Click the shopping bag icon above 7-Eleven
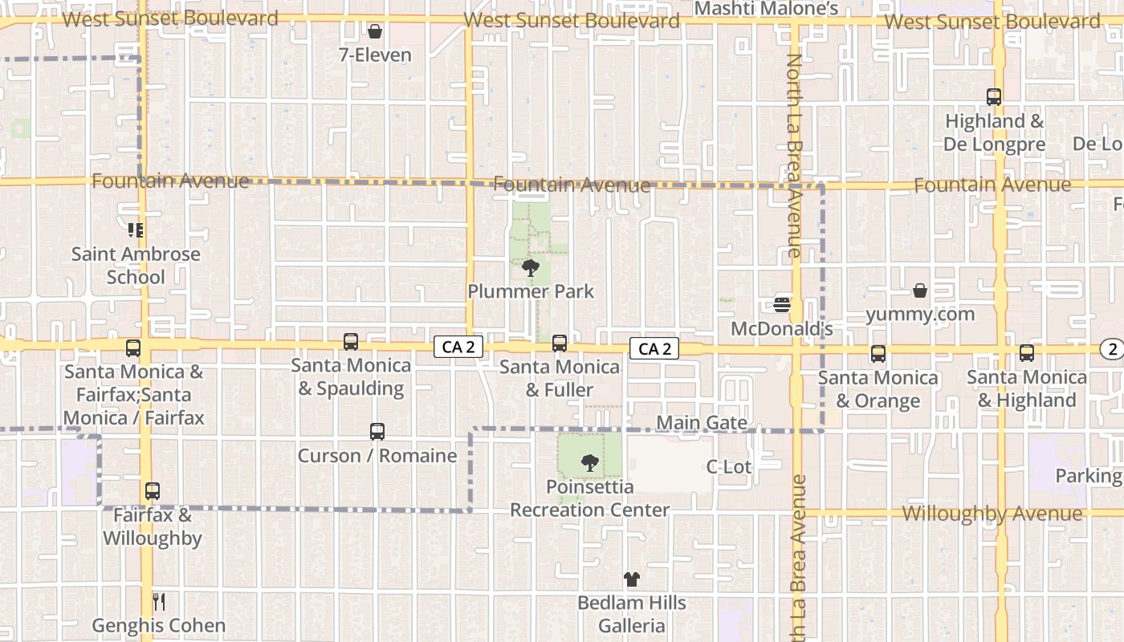[374, 32]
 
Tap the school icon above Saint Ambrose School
[136, 230]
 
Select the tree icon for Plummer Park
[530, 267]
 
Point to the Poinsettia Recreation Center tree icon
[590, 463]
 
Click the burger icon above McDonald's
[782, 305]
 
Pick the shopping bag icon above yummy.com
[920, 291]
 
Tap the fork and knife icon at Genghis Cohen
[159, 601]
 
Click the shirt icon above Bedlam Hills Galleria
[632, 579]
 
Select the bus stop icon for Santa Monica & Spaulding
[351, 342]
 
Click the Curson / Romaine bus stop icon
[377, 432]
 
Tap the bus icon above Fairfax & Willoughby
[153, 491]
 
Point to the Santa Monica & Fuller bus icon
[560, 343]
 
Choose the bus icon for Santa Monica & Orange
[878, 354]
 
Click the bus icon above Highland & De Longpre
[994, 97]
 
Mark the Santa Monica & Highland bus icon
[1027, 353]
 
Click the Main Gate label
[702, 423]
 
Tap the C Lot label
[729, 466]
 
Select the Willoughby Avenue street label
[992, 514]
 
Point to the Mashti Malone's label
[766, 9]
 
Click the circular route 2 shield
[1112, 348]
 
